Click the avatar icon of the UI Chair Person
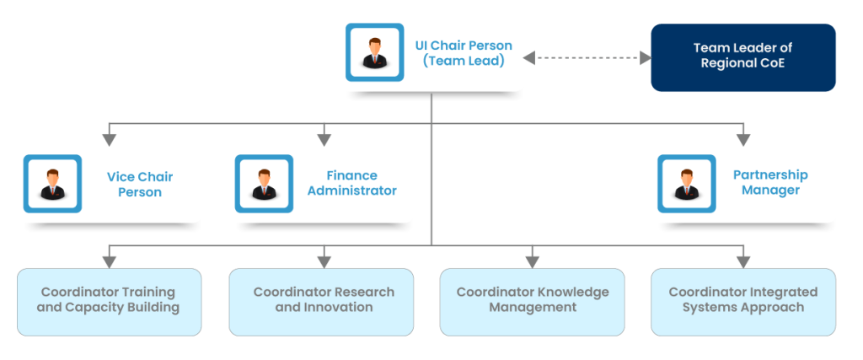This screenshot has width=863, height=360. pos(375,52)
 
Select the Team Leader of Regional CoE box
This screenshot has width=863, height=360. pos(742,56)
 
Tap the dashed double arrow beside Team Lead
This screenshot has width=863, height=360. pos(587,57)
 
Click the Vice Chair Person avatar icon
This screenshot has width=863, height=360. pos(52,183)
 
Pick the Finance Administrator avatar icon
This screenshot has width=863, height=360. pos(264,183)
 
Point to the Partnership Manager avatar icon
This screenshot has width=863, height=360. pos(686,183)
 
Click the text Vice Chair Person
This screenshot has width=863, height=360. pos(134,185)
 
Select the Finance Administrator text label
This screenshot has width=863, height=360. pos(351,183)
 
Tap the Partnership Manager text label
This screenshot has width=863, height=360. pos(769,182)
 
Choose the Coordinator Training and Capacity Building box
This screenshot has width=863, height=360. pos(109,301)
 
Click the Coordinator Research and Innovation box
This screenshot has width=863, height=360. pos(321,301)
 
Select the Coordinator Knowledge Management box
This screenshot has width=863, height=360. pos(532,301)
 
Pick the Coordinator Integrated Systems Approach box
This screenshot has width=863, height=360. pos(743,301)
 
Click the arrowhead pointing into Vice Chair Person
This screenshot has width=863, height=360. pos(109,138)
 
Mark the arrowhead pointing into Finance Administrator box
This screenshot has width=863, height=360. pos(321,138)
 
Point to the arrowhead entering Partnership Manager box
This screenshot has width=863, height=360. pos(742,138)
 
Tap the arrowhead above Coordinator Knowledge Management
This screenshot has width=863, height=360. pos(532,261)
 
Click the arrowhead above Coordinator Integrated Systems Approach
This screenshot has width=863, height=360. pos(742,261)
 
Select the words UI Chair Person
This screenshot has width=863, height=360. pos(463,46)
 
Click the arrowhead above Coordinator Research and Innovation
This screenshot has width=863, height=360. pos(321,261)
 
